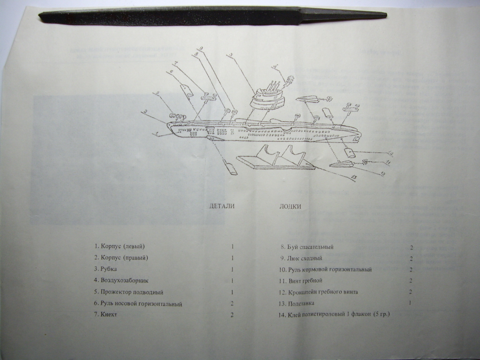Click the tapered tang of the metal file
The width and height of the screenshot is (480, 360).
[x=347, y=15]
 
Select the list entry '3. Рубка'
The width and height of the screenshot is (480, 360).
[x=105, y=270]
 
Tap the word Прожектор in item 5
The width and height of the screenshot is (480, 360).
[x=116, y=292]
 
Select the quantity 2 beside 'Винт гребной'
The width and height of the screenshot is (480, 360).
[x=411, y=281]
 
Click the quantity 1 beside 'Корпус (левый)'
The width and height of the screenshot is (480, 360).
[x=232, y=247]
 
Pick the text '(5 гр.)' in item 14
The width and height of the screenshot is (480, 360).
[x=381, y=314]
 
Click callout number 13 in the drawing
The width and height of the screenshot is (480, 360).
[x=353, y=177]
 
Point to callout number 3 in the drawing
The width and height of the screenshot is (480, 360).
[x=231, y=55]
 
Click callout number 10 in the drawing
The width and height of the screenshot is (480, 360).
[x=390, y=153]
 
